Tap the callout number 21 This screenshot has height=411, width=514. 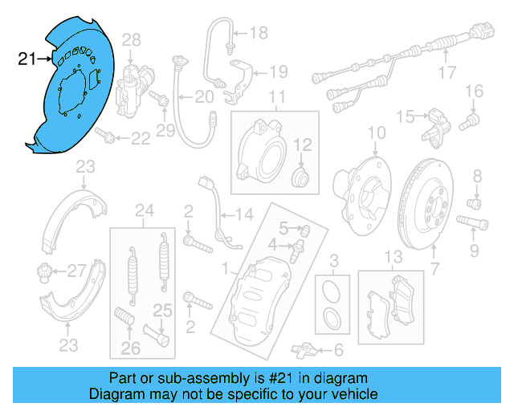click(x=27, y=58)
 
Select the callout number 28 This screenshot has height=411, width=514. click(x=131, y=39)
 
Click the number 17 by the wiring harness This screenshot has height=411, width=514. click(x=447, y=76)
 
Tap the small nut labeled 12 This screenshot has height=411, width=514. click(x=301, y=176)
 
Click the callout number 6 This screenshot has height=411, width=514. click(x=338, y=349)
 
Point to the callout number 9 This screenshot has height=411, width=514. click(x=475, y=251)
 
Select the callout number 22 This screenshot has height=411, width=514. click(x=141, y=139)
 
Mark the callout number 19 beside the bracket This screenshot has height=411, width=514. click(x=278, y=71)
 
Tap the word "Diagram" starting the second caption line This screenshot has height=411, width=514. click(x=116, y=394)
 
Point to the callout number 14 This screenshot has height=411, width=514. click(x=243, y=214)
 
